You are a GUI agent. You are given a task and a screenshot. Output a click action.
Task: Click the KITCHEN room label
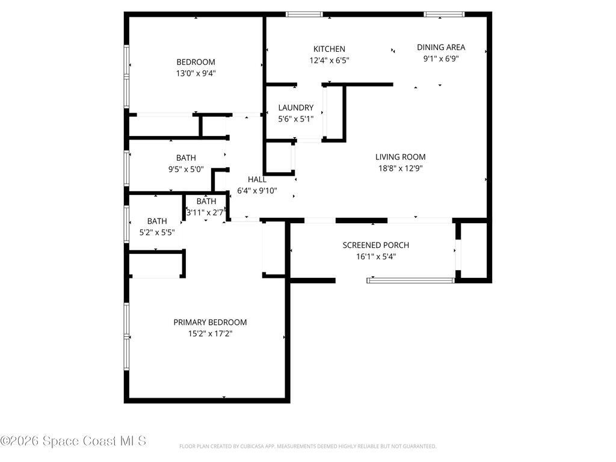[328, 49]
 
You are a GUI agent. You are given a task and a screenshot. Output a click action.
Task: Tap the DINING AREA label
[441, 47]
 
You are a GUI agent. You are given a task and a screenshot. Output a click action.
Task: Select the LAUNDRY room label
[295, 108]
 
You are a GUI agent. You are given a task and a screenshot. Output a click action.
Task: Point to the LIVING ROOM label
[400, 157]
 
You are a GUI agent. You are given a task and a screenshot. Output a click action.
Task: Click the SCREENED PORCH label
[375, 245]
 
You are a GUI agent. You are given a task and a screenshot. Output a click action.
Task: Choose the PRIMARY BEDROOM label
[210, 322]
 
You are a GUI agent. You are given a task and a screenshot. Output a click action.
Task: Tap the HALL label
[257, 179]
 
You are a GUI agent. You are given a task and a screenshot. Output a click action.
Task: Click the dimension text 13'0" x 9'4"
[196, 73]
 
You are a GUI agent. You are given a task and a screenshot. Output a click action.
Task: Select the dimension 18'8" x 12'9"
[400, 168]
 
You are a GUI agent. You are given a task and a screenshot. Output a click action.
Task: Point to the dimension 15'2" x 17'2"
[210, 333]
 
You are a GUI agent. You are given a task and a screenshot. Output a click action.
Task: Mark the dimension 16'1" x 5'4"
[375, 256]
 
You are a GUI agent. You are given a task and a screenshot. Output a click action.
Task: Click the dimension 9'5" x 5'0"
[186, 169]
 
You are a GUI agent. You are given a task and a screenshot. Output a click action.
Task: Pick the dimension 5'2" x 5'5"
[157, 233]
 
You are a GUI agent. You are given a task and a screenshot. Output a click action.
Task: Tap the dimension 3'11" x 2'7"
[206, 212]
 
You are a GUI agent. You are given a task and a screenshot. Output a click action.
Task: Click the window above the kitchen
[304, 14]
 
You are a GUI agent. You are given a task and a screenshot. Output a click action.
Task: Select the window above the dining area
[444, 14]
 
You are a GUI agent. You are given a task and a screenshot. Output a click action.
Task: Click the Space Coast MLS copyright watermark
[73, 441]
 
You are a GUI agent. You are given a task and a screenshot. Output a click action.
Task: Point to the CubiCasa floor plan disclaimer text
[307, 446]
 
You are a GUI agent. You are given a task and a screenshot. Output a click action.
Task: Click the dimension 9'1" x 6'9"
[441, 58]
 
